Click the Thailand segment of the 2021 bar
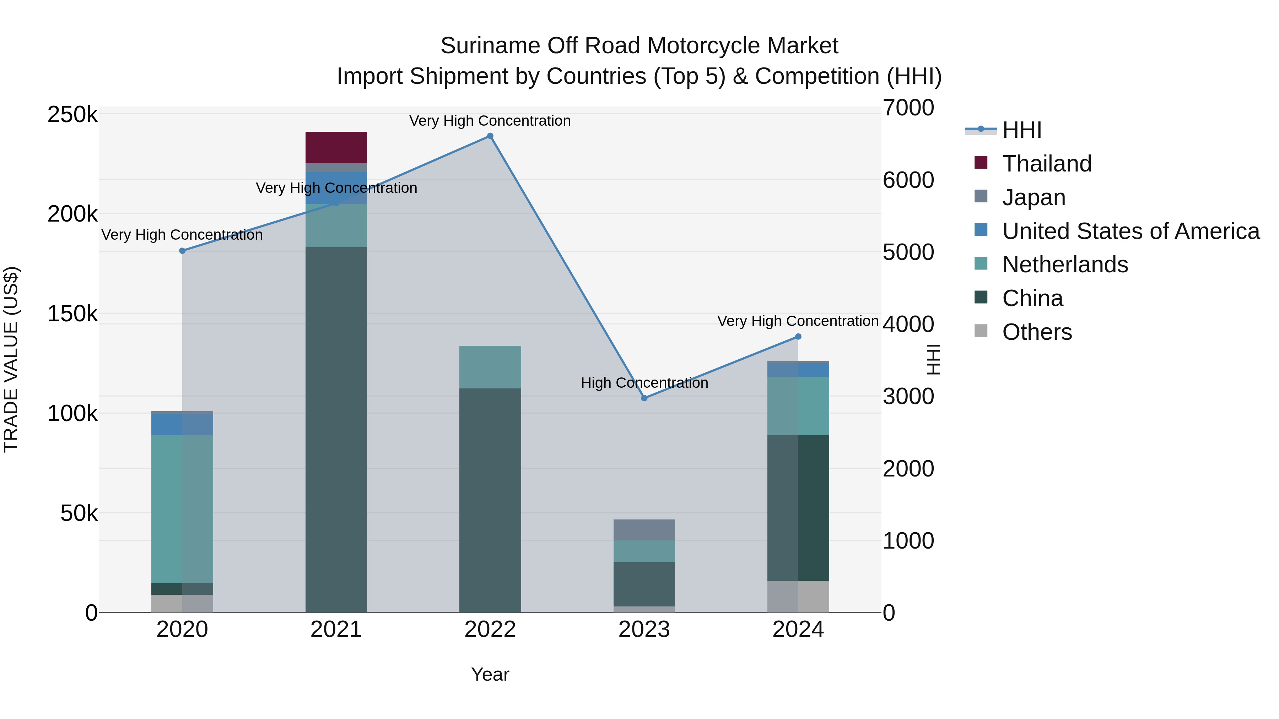[x=336, y=147]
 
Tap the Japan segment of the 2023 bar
[x=644, y=530]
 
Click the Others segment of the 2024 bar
[x=798, y=597]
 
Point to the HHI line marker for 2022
[x=490, y=136]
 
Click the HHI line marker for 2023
[x=644, y=398]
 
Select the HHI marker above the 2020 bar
[x=182, y=251]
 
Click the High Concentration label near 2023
[x=644, y=383]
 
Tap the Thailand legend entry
[x=1047, y=164]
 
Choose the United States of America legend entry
[x=1130, y=231]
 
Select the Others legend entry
[x=1037, y=332]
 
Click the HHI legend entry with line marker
[x=1021, y=130]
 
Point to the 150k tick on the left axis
[x=72, y=314]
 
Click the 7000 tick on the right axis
[x=908, y=108]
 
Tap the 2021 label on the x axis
[x=336, y=630]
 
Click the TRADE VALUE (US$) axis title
[x=11, y=359]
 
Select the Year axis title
[x=490, y=674]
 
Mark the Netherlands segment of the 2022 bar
[x=490, y=367]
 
